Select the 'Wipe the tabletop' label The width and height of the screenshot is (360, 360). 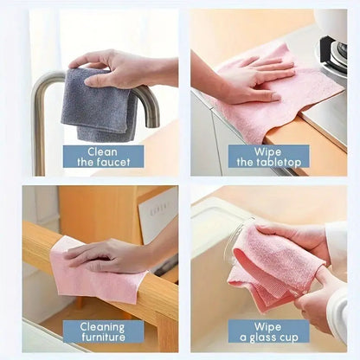[x=269, y=157]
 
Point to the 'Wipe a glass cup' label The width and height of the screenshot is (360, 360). [x=269, y=331]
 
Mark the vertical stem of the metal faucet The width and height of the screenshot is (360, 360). [x=39, y=130]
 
